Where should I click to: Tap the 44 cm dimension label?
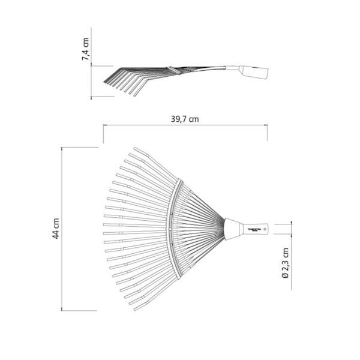coord(56,229)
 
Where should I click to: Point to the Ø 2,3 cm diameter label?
coord(286,263)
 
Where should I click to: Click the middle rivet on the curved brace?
coord(170,229)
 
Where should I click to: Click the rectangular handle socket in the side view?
coord(254,71)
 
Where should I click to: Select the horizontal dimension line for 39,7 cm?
coord(185,125)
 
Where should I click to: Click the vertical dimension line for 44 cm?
coord(63,229)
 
